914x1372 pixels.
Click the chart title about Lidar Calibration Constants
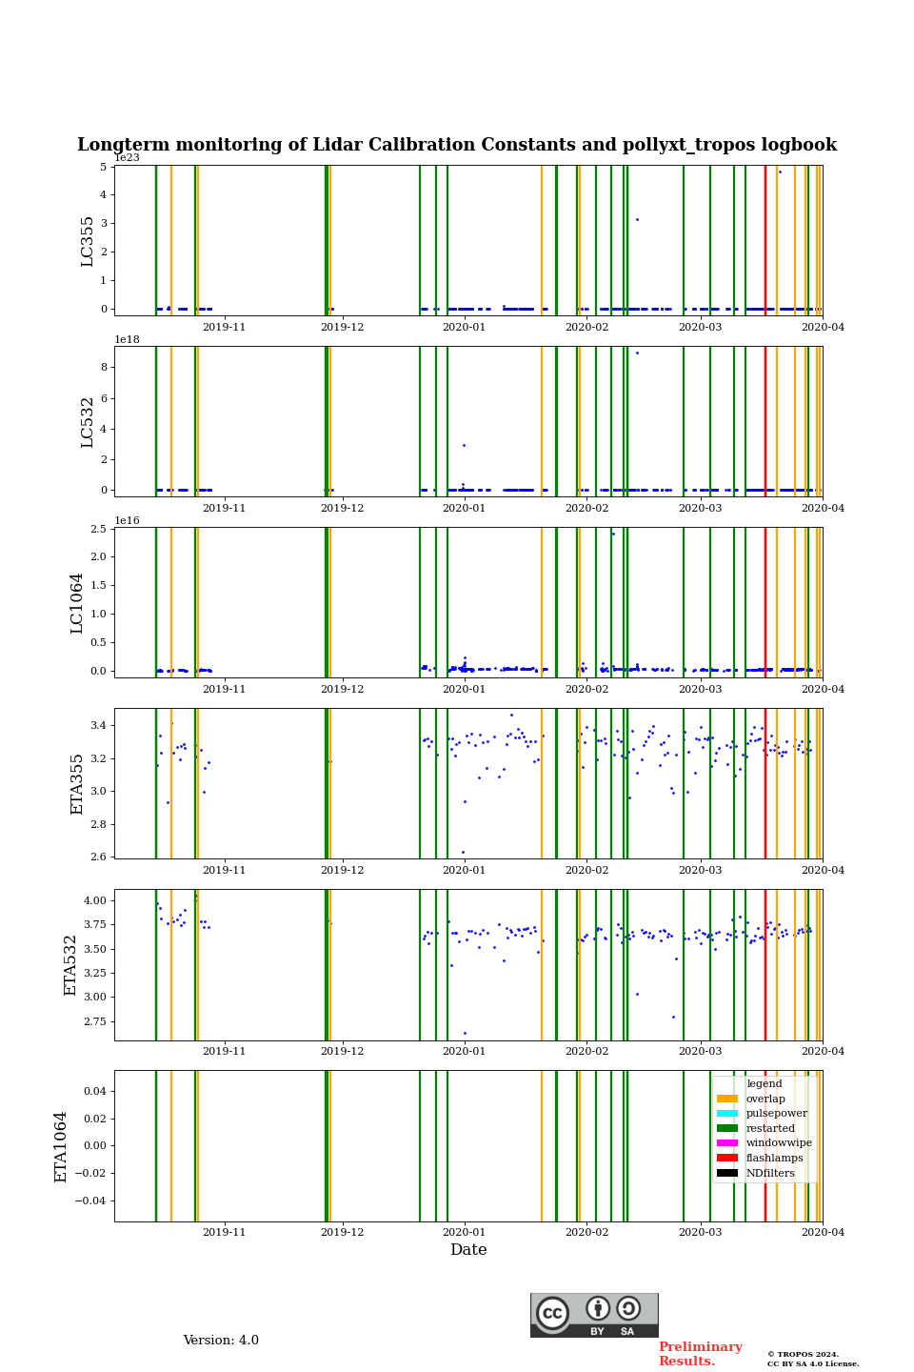(x=457, y=145)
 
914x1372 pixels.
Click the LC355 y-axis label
(x=88, y=241)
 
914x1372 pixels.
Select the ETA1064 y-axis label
(x=61, y=1146)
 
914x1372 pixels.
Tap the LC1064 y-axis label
(x=77, y=602)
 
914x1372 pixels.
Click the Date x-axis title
(x=468, y=1250)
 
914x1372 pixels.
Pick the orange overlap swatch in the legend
(x=727, y=1099)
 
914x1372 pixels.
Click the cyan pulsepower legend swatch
(x=727, y=1113)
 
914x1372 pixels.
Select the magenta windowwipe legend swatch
(x=727, y=1142)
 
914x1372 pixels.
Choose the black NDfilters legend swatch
(x=727, y=1173)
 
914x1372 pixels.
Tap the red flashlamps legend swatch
(x=727, y=1158)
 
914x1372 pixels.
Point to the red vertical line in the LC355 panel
(x=765, y=238)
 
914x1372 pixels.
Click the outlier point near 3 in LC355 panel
(x=637, y=220)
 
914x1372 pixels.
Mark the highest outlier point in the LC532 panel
(x=637, y=353)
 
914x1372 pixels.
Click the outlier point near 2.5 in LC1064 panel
(x=613, y=534)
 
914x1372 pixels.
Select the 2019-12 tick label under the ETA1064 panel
(x=342, y=1232)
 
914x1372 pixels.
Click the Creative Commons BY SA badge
(x=594, y=1315)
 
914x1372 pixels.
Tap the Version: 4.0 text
(x=221, y=1341)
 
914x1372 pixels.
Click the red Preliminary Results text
(x=700, y=1354)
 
